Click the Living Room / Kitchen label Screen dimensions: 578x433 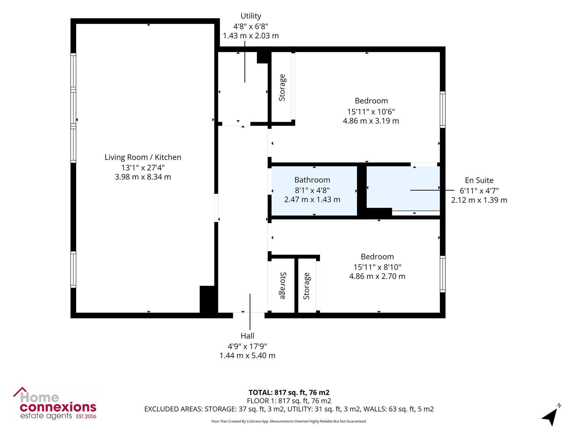pyautogui.click(x=143, y=157)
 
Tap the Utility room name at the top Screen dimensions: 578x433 pyautogui.click(x=251, y=16)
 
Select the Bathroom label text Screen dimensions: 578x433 pyautogui.click(x=312, y=180)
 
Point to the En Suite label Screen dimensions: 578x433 pyautogui.click(x=479, y=180)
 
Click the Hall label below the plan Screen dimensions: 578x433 pyautogui.click(x=247, y=336)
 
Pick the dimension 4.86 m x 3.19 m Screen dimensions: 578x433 pyautogui.click(x=371, y=121)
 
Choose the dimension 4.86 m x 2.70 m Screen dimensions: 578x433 pyautogui.click(x=377, y=276)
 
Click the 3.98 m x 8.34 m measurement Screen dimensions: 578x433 pyautogui.click(x=143, y=177)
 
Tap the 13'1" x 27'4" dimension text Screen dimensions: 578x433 pyautogui.click(x=143, y=167)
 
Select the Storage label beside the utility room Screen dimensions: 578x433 pyautogui.click(x=282, y=87)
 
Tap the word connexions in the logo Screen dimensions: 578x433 pyautogui.click(x=58, y=407)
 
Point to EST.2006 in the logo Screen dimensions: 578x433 pyautogui.click(x=86, y=417)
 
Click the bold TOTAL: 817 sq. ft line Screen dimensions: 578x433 pyautogui.click(x=289, y=393)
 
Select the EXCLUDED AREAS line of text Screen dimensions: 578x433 pyautogui.click(x=289, y=409)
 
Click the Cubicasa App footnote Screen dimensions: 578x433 pyautogui.click(x=289, y=421)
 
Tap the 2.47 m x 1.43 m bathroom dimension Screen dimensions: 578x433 pyautogui.click(x=312, y=199)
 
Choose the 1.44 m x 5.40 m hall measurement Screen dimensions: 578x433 pyautogui.click(x=247, y=356)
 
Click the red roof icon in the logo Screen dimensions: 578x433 pyautogui.click(x=20, y=391)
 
